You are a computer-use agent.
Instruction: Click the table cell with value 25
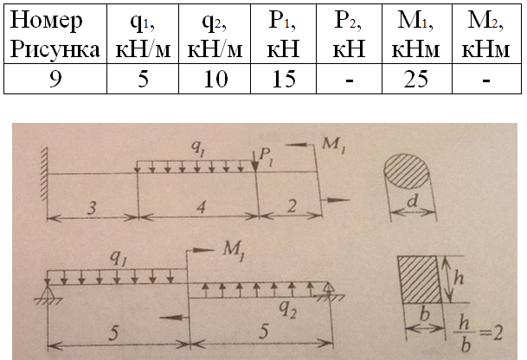coord(417,79)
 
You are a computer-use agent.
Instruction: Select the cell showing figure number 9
coord(55,79)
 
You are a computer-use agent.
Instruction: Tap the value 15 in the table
coord(283,79)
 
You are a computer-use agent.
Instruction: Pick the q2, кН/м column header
coord(215,34)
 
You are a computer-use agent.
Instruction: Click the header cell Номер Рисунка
coord(55,34)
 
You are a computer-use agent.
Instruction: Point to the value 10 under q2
coord(215,79)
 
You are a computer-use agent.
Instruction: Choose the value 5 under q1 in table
coord(143,79)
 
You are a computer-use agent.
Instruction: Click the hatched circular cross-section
coord(407,171)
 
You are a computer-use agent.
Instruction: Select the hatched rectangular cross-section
coord(420,280)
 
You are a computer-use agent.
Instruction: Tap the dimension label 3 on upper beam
coord(92,209)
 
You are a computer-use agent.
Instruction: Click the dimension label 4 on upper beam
coord(201,208)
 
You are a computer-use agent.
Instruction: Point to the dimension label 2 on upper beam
coord(292,206)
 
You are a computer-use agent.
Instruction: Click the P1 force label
coord(267,157)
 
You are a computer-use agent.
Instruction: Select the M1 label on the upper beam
coord(333,145)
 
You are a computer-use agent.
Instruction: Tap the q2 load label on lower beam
coord(288,310)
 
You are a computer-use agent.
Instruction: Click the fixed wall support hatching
coord(43,174)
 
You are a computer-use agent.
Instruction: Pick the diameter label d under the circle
coord(413,202)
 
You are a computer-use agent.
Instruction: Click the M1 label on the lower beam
coord(234,252)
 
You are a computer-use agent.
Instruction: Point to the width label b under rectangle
coord(425,314)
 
